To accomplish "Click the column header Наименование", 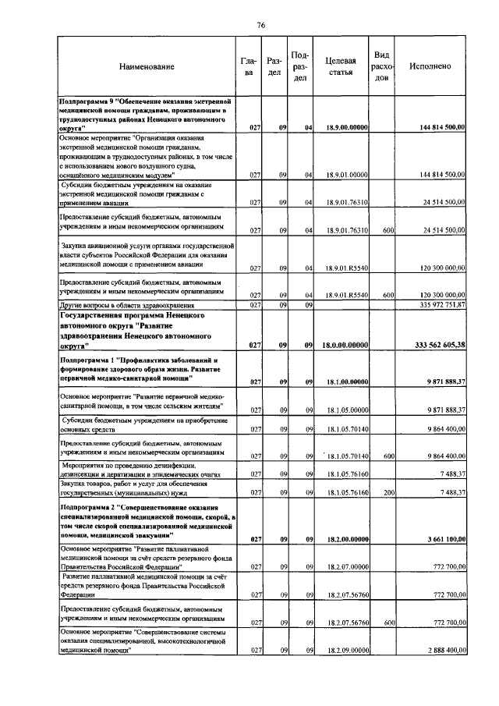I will click(x=147, y=66).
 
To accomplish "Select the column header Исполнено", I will click(x=430, y=66).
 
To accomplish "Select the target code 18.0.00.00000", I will click(x=342, y=345).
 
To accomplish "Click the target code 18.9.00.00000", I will click(x=342, y=126).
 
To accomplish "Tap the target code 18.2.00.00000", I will click(x=342, y=539).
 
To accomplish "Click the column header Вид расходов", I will click(x=382, y=66).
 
